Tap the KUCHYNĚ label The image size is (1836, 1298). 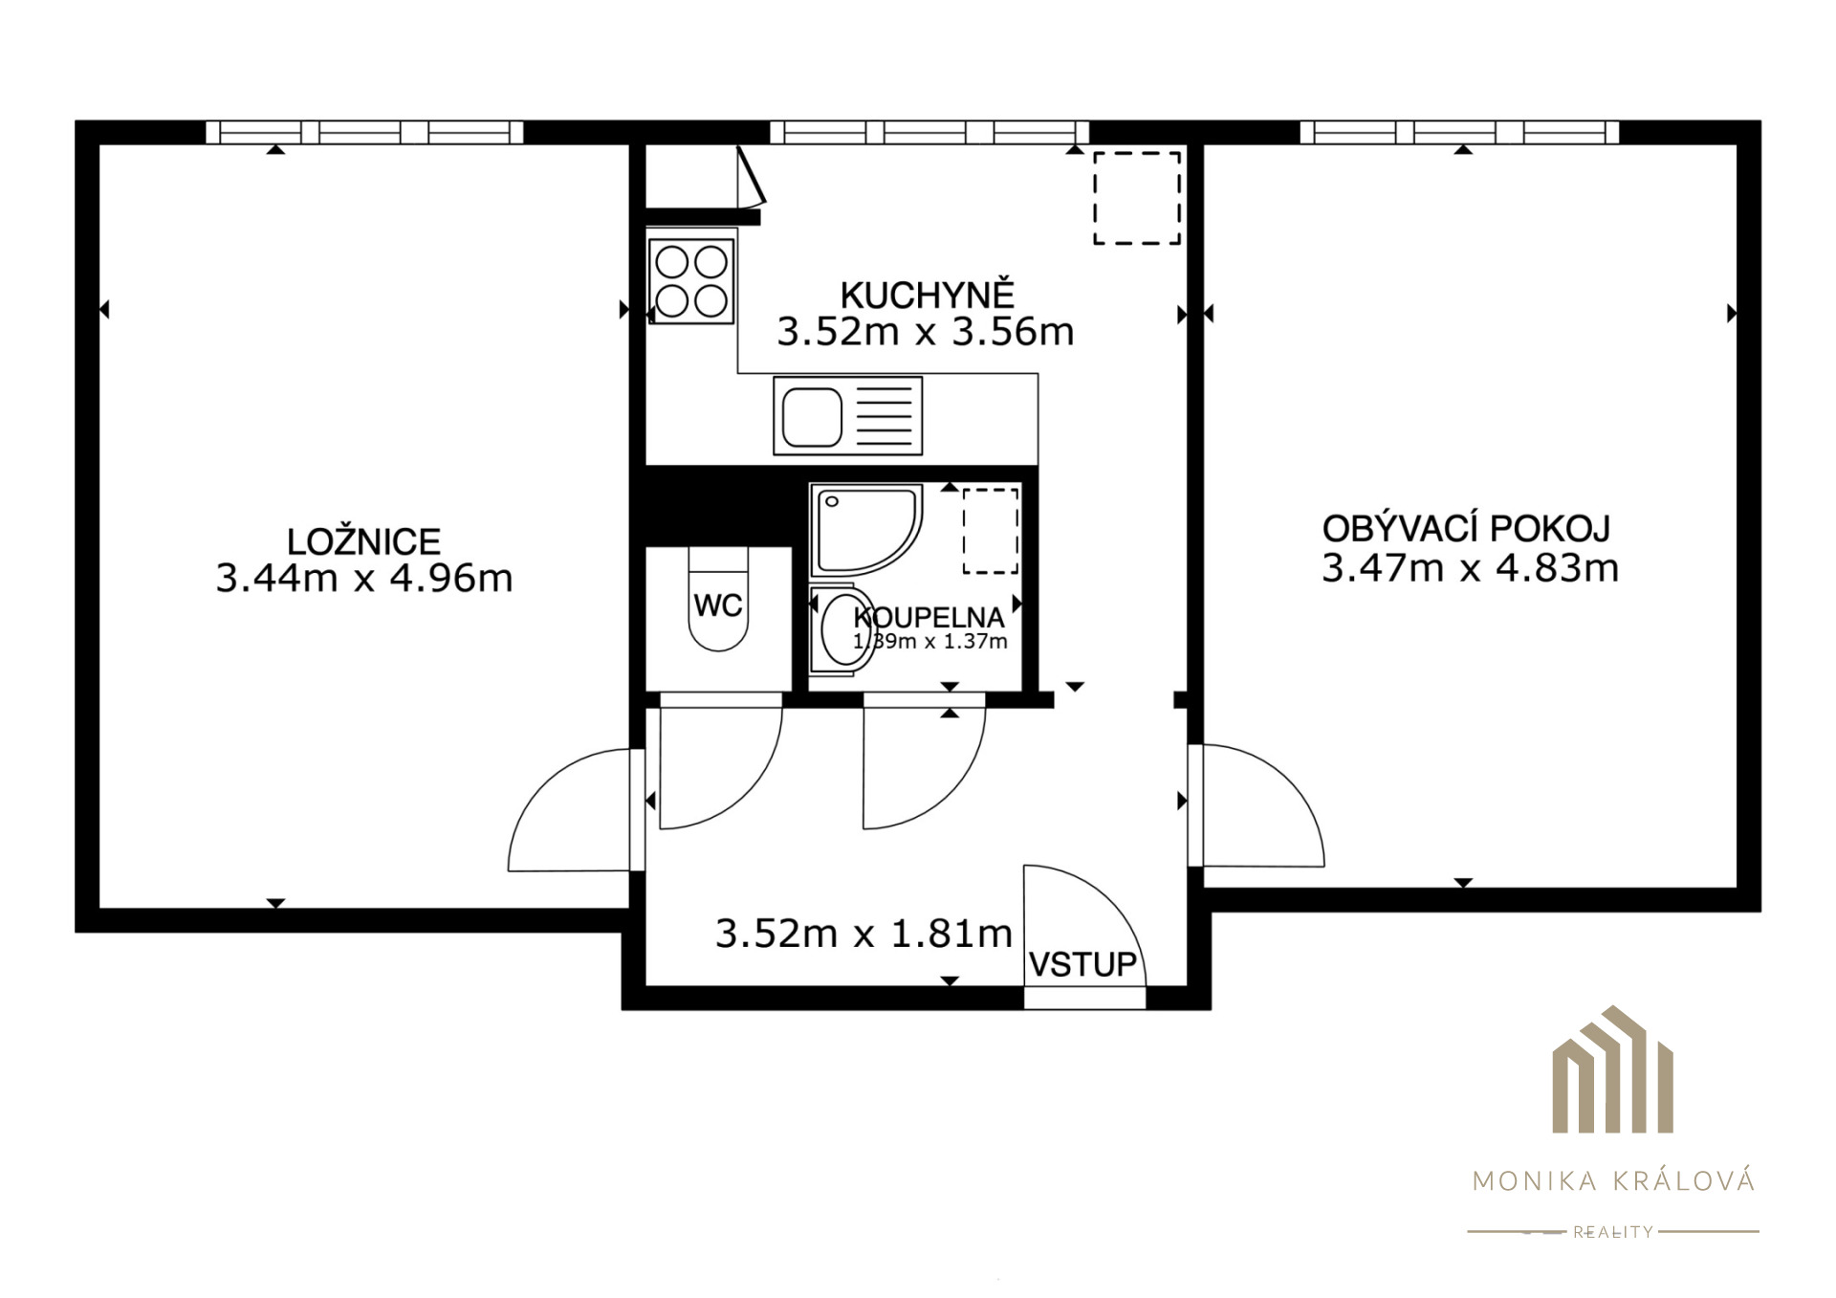[927, 294]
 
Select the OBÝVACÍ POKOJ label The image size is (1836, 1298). [1466, 528]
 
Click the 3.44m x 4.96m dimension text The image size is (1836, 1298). [364, 579]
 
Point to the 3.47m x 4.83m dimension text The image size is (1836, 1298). [1470, 568]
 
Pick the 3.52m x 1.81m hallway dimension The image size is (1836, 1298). [863, 934]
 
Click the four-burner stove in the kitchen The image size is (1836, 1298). [691, 281]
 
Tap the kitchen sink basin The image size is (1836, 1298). [813, 417]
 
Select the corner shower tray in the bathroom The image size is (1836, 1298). [866, 529]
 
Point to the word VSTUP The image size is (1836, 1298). [1082, 964]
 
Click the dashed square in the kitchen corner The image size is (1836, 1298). [1137, 198]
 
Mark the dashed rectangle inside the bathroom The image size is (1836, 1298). [991, 531]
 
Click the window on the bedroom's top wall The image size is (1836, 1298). [365, 132]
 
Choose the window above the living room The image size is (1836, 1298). [1460, 132]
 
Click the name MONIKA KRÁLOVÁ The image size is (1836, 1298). [1614, 1180]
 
